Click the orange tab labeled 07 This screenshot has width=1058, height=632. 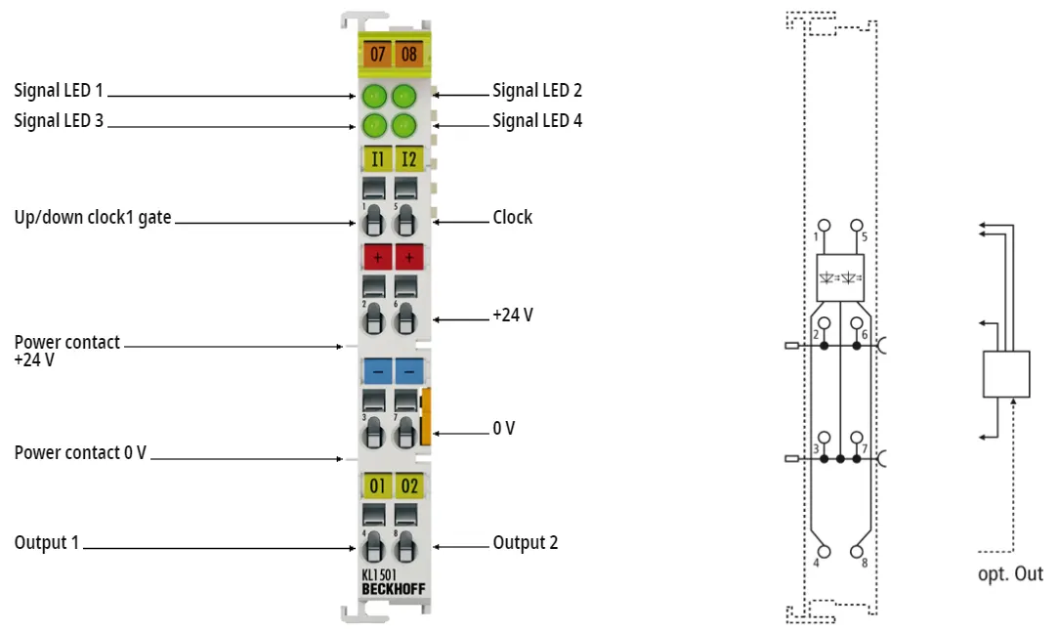pos(377,54)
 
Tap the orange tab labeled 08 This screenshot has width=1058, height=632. pos(409,54)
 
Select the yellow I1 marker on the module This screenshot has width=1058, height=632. pos(377,159)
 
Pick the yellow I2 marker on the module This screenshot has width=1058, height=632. pos(409,159)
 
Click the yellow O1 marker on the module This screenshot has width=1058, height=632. pos(377,485)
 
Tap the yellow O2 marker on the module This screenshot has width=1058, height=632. pos(409,485)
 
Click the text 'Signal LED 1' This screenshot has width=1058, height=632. pos(59,91)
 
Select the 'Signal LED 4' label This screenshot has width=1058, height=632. pos(537,121)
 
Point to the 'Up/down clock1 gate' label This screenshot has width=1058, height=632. pos(93,218)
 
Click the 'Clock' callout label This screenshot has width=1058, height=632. pos(512,217)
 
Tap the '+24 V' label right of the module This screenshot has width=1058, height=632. pos(513,315)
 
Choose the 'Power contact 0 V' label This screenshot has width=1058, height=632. pos(80,452)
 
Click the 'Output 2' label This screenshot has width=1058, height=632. pos(525,543)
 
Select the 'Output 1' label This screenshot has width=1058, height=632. pos(47,543)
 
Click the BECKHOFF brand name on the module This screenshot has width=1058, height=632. pos(394,589)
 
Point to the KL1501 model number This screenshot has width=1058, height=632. pos(379,575)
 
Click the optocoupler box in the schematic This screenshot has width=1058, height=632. pos(840,277)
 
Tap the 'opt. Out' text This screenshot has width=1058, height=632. pos(1010,574)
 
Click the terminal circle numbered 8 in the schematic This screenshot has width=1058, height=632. pos(856,551)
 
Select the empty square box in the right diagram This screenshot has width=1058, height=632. pos(1006,374)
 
